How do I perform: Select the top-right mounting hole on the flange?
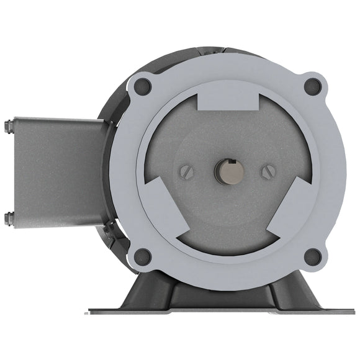313,86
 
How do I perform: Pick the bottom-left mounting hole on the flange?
143,255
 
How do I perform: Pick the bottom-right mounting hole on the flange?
313,256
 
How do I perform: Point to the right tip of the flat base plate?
356,310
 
